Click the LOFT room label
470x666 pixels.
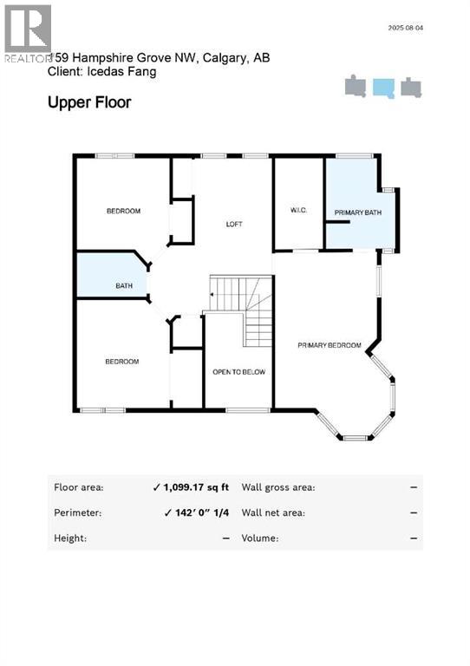[x=234, y=224]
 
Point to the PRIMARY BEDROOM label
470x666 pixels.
[x=329, y=345]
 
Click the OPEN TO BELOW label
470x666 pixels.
[x=238, y=372]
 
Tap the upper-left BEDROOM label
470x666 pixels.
[x=124, y=211]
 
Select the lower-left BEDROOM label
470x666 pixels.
[x=121, y=362]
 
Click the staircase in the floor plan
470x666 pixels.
[x=240, y=308]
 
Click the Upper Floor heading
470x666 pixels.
[x=89, y=102]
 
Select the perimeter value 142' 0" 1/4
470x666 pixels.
[x=197, y=513]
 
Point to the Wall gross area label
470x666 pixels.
[x=277, y=487]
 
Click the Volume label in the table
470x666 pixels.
[x=260, y=538]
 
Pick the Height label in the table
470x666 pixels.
[x=69, y=538]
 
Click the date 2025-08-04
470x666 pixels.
[x=406, y=28]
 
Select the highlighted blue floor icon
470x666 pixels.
[x=383, y=88]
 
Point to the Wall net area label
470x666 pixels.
[x=272, y=513]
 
